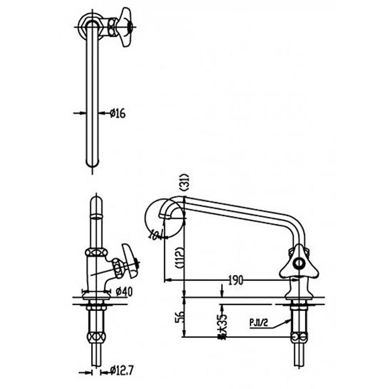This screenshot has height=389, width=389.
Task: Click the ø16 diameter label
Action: (x=117, y=114)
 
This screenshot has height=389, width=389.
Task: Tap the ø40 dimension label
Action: (x=124, y=292)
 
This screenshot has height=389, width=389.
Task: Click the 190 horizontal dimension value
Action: (x=236, y=281)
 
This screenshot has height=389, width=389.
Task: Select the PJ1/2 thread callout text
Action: (x=260, y=322)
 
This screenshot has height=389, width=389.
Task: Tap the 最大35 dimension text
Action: (x=222, y=324)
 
